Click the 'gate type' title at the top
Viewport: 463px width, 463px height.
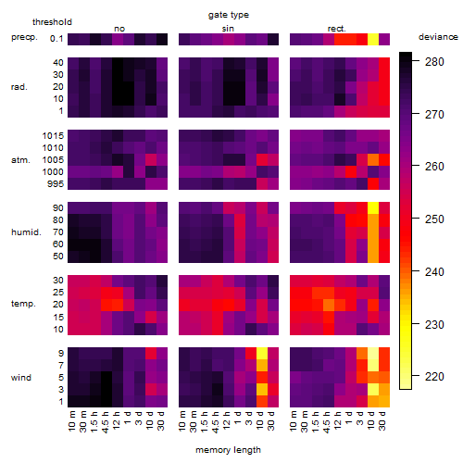tap(229, 15)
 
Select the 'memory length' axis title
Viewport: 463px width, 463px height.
tap(228, 450)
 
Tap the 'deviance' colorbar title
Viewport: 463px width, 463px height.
tap(438, 37)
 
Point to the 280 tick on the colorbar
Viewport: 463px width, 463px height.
tap(434, 62)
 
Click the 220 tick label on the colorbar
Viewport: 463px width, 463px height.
tap(434, 376)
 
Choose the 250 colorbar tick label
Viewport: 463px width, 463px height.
tap(434, 219)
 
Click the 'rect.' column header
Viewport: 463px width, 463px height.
tap(336, 29)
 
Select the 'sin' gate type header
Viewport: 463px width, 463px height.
tap(228, 29)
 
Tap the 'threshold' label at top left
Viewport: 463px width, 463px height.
tap(52, 22)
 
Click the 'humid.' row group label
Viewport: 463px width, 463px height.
tap(26, 232)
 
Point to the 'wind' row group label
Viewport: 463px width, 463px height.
tap(21, 378)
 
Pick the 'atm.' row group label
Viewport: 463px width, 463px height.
tap(20, 160)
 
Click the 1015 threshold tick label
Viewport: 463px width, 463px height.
tap(53, 136)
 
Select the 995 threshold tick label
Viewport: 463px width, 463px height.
tap(56, 184)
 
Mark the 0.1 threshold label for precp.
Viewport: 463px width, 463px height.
tap(56, 39)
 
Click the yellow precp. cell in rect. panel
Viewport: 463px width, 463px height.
tap(373, 39)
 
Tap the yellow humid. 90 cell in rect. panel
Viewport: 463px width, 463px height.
tap(373, 208)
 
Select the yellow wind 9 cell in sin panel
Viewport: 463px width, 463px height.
tap(262, 353)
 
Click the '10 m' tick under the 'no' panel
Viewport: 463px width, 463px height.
tap(72, 421)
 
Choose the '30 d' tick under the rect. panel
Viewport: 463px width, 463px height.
tap(382, 421)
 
